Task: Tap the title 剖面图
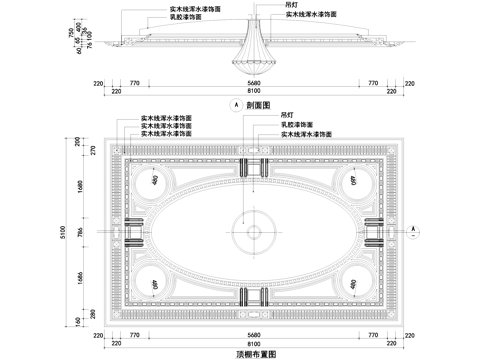click(258, 103)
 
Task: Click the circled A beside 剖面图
click(235, 103)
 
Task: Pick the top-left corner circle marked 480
click(155, 182)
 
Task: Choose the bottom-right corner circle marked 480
click(354, 283)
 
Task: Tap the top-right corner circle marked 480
click(354, 182)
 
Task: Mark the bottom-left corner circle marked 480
click(155, 283)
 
